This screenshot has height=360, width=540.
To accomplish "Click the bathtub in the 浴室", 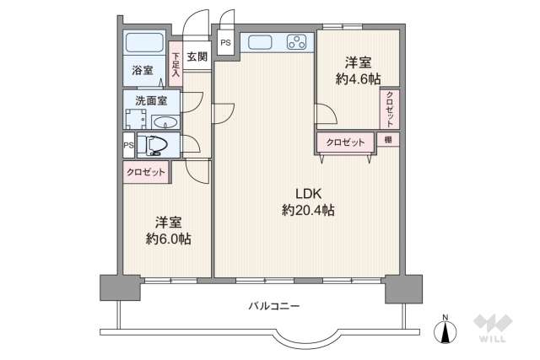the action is pos(144,43).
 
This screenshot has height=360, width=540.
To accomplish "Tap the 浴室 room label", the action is pos(143,70).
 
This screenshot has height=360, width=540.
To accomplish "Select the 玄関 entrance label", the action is pos(197,56).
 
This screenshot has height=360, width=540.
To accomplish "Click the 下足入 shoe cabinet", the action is pos(175,64).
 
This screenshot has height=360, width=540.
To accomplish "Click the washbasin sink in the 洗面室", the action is pos(165,122).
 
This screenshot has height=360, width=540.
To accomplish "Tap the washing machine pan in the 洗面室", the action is pos(135,119).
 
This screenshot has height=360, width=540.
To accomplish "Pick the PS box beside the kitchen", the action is pos(225,43).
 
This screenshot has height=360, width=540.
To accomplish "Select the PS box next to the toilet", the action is pos(128,145).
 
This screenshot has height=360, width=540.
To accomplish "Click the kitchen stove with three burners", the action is pos(296,42).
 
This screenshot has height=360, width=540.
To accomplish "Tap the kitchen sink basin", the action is pos(260,42).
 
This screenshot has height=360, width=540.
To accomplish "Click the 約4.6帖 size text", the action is pos(358,79).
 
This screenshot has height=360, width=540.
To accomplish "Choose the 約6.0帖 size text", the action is pos(169,239).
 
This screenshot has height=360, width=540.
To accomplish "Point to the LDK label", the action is pos(308,194).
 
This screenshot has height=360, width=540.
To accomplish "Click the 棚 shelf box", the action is pos(388,139).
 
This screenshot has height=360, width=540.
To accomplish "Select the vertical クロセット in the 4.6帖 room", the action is pos(390,109).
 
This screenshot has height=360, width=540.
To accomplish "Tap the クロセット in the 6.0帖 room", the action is pos(146,172).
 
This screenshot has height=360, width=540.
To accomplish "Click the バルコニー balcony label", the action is pos(274,306).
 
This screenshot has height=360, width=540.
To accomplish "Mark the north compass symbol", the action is pos(445,330).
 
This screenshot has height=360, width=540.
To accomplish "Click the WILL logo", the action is pos(493,328).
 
